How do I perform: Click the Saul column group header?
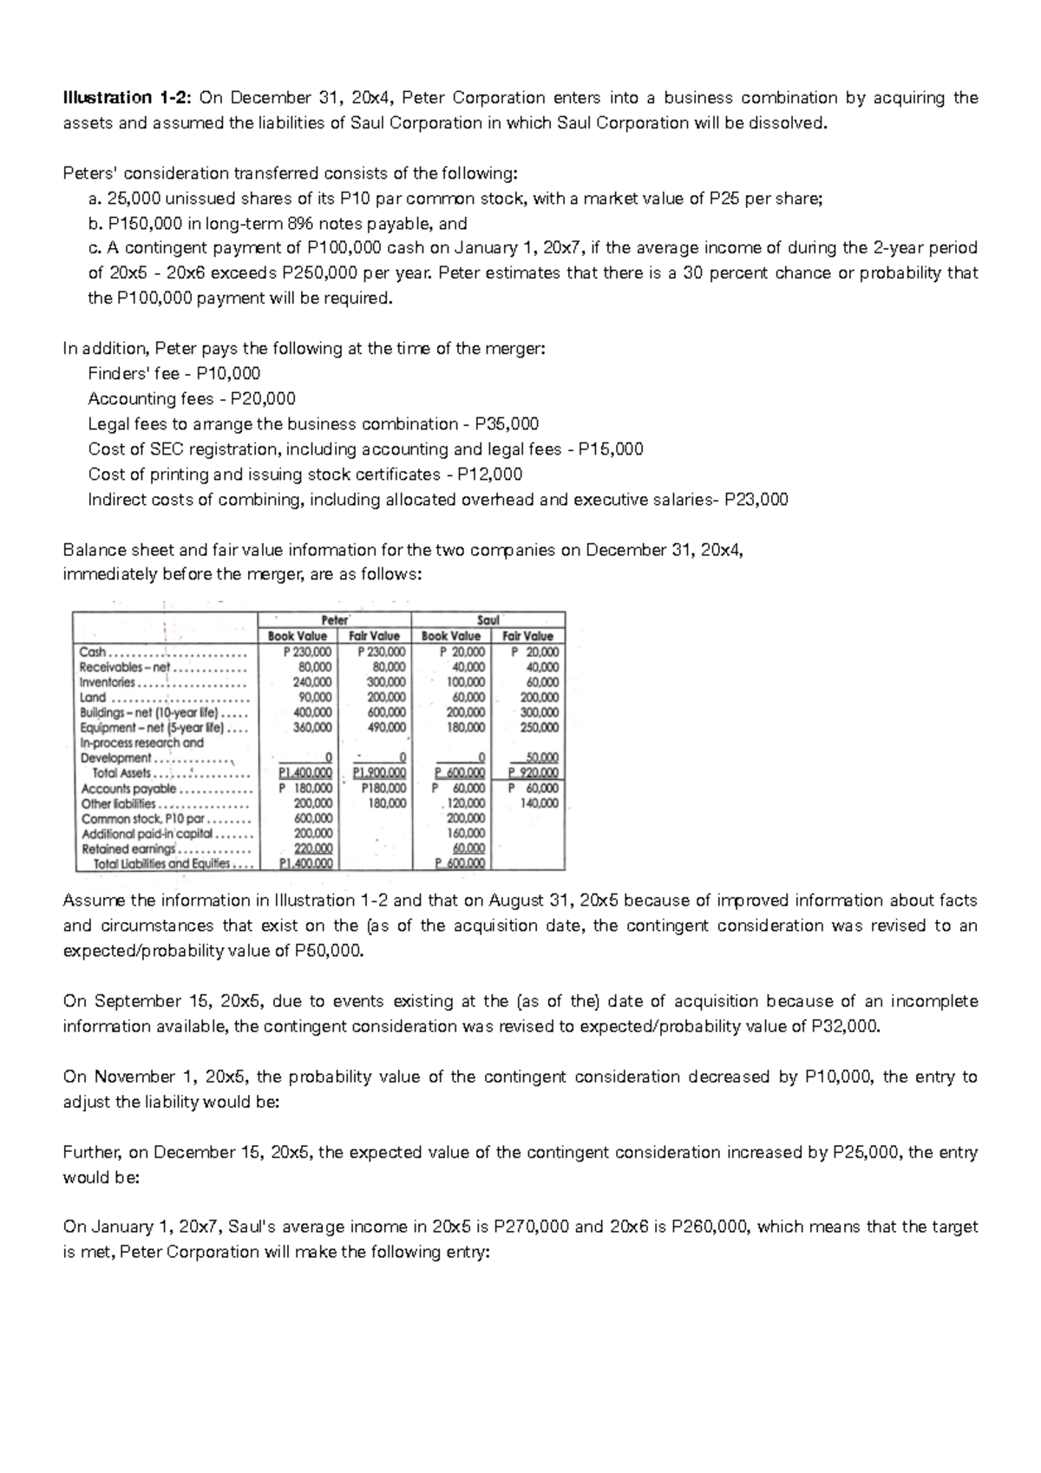point(488,620)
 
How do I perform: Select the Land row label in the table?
point(92,697)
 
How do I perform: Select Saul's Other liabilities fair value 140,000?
point(540,803)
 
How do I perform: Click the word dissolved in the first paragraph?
point(786,123)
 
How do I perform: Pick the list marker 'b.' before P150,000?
point(95,224)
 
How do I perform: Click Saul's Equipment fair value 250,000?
point(540,728)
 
